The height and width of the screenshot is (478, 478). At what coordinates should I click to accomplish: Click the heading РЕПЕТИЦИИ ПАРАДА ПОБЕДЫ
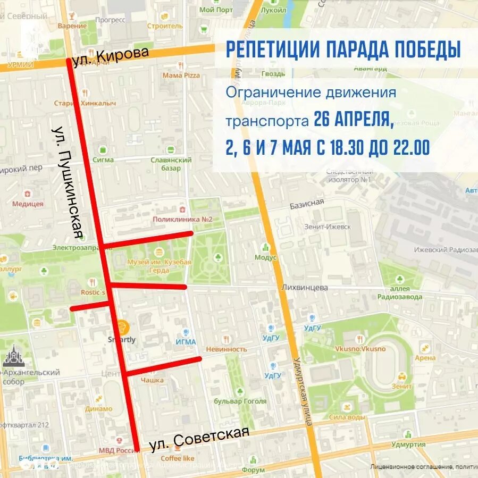[x=343, y=49]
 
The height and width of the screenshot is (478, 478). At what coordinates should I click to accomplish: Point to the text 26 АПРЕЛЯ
[x=354, y=119]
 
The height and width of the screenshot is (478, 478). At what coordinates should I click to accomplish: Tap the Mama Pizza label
[x=181, y=76]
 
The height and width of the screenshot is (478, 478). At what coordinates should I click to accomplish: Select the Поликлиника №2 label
[x=182, y=220]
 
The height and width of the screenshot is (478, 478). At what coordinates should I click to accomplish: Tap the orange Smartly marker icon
[x=122, y=325]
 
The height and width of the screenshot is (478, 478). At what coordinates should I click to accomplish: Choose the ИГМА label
[x=186, y=342]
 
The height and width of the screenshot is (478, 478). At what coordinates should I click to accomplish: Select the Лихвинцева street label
[x=305, y=288]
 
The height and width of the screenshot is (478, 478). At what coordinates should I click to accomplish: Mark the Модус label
[x=266, y=257]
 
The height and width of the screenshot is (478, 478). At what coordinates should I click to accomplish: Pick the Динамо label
[x=98, y=409]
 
